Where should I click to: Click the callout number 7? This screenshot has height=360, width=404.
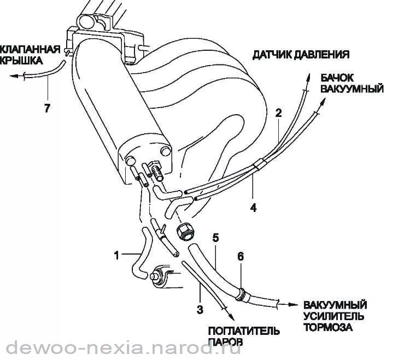47,109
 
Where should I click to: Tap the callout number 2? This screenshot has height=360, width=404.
279,114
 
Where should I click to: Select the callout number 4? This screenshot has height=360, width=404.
253,207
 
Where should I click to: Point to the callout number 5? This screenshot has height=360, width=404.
215,238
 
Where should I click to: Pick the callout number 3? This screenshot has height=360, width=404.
200,310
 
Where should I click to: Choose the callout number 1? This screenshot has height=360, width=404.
116,254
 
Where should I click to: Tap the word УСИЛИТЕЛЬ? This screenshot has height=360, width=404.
332,317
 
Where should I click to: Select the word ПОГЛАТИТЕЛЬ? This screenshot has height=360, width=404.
243,332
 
